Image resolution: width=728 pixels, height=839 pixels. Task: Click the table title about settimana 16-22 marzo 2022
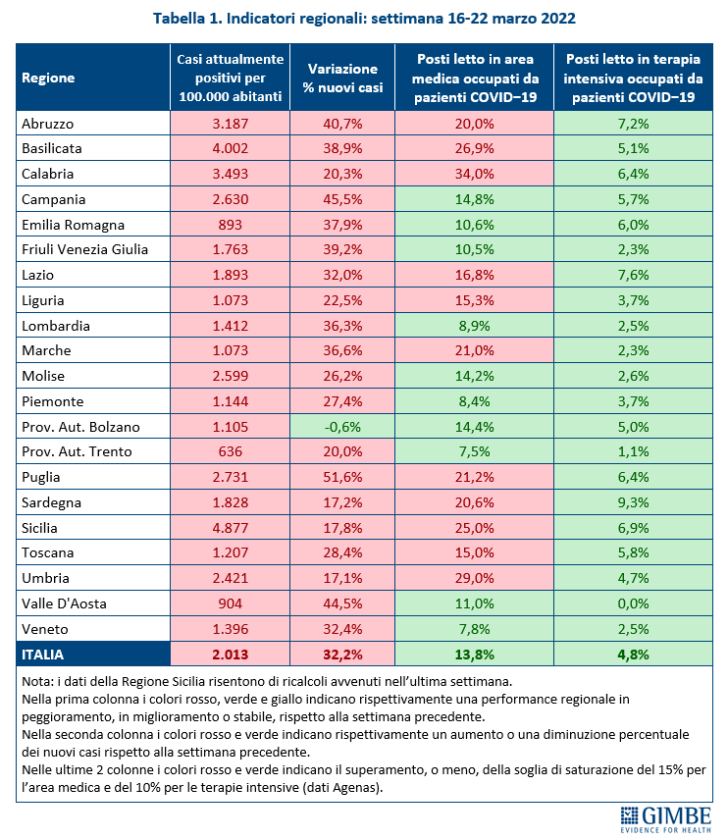tap(363, 19)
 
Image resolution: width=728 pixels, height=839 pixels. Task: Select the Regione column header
tap(49, 78)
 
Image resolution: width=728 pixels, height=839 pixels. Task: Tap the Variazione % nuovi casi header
tap(342, 78)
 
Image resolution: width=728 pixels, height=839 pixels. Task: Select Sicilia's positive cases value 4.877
tap(232, 528)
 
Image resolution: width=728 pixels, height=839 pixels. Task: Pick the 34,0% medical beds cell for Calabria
tap(475, 174)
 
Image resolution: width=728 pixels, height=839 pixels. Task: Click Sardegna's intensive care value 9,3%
tap(633, 502)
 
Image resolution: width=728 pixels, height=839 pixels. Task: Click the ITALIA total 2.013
tap(232, 654)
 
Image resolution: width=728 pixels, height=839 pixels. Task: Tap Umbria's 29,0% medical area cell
tap(475, 578)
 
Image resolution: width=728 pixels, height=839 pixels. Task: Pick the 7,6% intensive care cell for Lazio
tap(633, 275)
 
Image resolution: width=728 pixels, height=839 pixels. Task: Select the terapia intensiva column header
tap(633, 78)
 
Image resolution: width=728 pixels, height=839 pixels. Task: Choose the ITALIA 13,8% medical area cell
tap(475, 654)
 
